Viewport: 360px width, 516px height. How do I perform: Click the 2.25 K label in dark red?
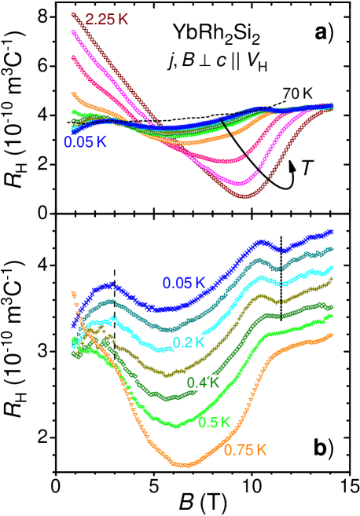tap(108, 19)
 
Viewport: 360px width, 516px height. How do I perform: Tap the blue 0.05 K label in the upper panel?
tap(85, 142)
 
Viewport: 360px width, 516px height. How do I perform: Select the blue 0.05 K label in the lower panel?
tap(184, 283)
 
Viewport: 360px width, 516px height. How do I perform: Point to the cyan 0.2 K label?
tap(189, 342)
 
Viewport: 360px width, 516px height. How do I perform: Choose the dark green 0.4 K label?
tap(202, 382)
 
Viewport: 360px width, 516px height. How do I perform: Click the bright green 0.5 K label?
tap(214, 423)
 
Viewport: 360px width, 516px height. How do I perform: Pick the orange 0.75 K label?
tap(245, 450)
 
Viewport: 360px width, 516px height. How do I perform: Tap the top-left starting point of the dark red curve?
tap(73, 13)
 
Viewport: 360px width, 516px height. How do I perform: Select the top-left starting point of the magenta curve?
tap(73, 31)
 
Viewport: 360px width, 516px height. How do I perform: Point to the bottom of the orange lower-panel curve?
tap(186, 465)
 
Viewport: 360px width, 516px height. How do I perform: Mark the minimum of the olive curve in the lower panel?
tap(167, 375)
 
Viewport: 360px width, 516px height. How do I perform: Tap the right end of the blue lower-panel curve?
tap(332, 231)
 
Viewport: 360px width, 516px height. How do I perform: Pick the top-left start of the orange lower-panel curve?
tap(73, 294)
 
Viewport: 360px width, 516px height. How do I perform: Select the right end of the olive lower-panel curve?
tap(332, 278)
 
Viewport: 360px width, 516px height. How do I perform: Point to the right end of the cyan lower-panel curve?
tap(332, 267)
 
